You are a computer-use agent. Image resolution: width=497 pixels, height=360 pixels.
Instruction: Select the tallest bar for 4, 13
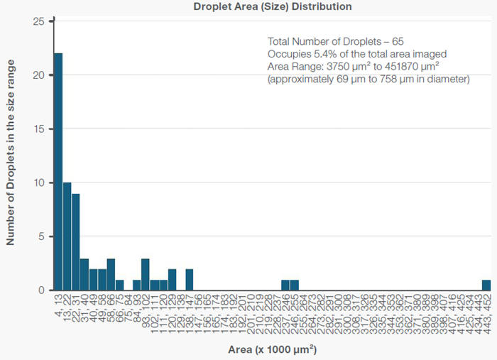click(x=58, y=171)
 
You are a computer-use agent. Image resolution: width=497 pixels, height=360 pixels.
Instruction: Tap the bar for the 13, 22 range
click(x=67, y=236)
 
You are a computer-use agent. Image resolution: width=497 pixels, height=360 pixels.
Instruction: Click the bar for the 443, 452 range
click(x=486, y=285)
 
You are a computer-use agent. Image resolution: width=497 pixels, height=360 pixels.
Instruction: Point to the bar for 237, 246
click(x=285, y=285)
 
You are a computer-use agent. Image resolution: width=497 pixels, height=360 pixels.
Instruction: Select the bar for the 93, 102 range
click(x=146, y=274)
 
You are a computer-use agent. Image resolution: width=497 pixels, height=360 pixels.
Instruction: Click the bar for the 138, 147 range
click(x=190, y=280)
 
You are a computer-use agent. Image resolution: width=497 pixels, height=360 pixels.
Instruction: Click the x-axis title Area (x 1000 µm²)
click(x=272, y=350)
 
